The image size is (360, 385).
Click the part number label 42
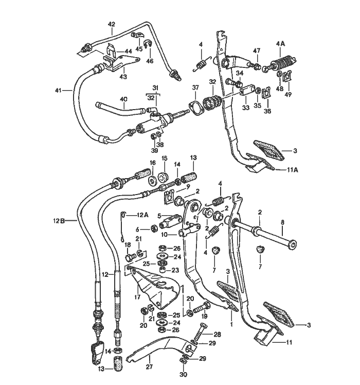pyautogui.click(x=112, y=24)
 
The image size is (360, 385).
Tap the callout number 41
pyautogui.click(x=59, y=91)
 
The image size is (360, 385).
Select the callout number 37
pyautogui.click(x=195, y=87)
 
